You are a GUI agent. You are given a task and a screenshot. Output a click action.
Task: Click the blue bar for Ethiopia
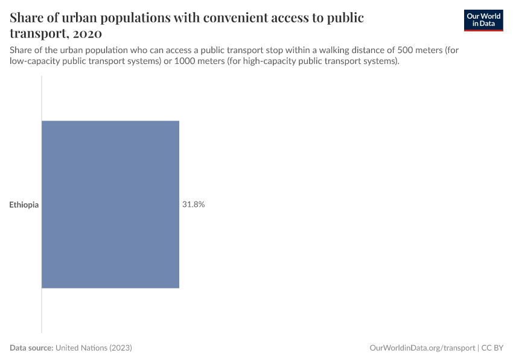coord(110,205)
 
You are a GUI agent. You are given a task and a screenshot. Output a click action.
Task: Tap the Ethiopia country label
coord(24,205)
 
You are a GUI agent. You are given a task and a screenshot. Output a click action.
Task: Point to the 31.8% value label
coord(194,205)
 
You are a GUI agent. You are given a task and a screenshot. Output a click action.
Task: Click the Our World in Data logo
coord(483,20)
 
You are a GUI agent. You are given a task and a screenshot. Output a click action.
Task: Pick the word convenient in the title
coord(234,17)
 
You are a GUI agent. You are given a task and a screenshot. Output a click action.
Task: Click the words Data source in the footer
coord(31,348)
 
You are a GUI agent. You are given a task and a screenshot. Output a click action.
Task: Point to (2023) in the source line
coord(121,348)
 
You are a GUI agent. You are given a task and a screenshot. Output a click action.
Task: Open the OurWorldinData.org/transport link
coord(422,348)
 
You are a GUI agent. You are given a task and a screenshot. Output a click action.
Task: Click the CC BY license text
coord(492,348)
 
